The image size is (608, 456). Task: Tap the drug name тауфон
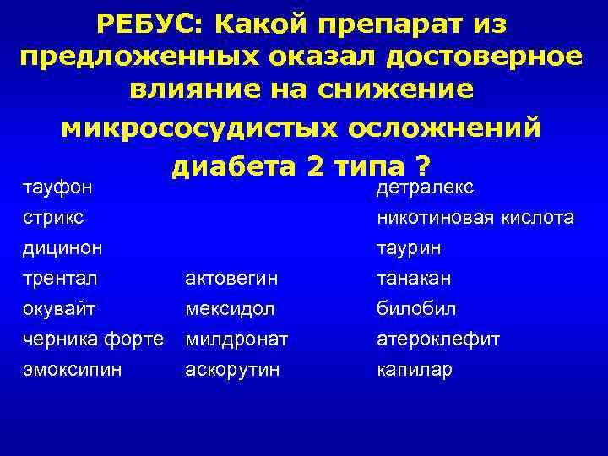point(56,186)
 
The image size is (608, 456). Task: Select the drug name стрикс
point(52,217)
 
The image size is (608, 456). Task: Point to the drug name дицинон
point(61,248)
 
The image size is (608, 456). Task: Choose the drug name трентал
point(57,279)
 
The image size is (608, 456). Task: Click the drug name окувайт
point(57,309)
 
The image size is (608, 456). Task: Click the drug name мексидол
point(232,309)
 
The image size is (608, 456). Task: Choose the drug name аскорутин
point(233,370)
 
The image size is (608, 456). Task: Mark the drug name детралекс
point(424,186)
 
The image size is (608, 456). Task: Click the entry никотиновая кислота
point(475,217)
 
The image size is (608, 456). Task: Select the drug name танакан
point(415,279)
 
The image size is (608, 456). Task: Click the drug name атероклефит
point(437,339)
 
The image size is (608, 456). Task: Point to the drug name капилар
point(414,370)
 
